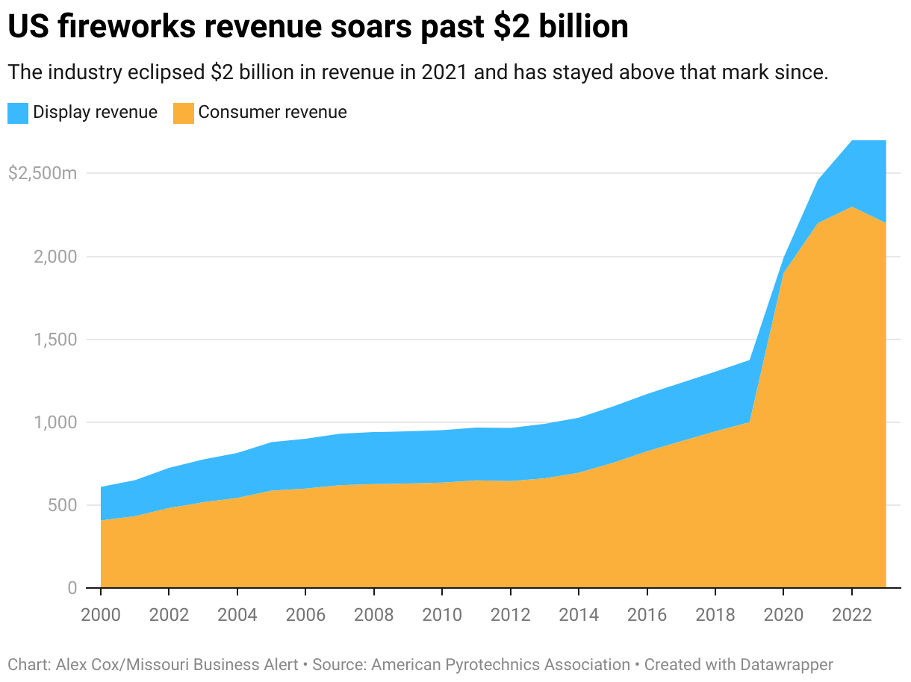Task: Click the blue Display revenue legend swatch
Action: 18,113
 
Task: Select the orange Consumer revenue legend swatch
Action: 183,113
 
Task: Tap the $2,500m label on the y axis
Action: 42,174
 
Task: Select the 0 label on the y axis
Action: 72,588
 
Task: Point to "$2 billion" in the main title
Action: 562,28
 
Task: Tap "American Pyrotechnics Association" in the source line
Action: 501,664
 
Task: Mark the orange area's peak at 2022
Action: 851,207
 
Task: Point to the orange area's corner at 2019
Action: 749,422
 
